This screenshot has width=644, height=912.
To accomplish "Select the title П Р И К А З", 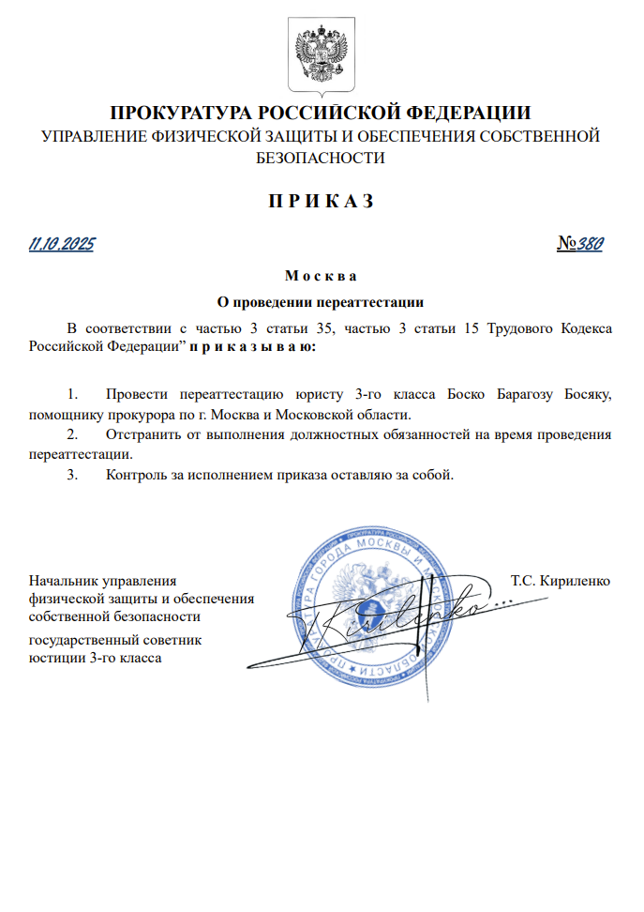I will coord(322,201).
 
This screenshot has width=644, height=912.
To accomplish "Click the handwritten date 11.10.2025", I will coord(62,245).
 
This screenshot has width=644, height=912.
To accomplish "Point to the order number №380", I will coord(579,245).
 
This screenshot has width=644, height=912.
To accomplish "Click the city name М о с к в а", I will coord(322,277).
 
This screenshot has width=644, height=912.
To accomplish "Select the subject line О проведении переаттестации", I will coord(322,303).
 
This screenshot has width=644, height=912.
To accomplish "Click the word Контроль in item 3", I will coord(137,475).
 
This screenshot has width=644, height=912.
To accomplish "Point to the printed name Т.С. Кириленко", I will coord(561,581).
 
